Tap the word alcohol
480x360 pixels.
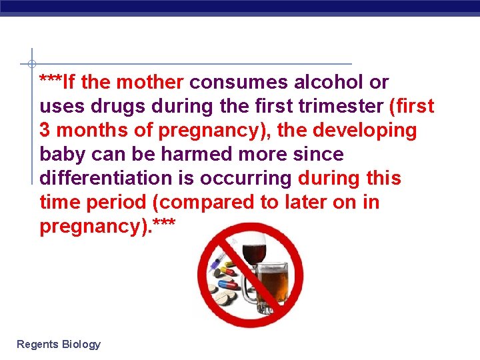(x=331, y=82)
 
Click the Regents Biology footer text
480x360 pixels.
(x=59, y=344)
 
